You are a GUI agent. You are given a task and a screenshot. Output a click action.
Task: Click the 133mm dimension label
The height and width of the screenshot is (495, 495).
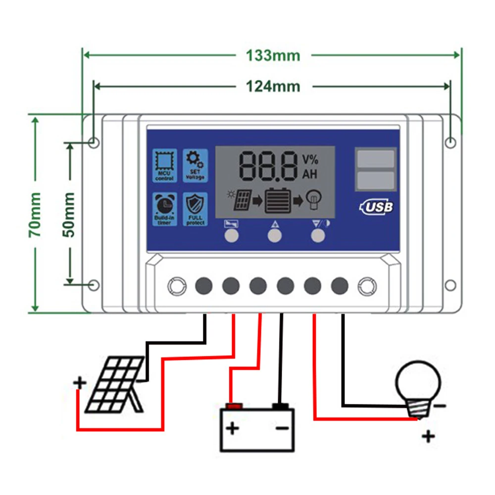tap(273, 55)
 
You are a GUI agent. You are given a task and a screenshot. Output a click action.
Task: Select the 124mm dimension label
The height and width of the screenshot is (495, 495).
tap(273, 86)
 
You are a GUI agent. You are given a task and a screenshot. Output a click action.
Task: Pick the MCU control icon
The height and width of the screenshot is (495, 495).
tap(164, 165)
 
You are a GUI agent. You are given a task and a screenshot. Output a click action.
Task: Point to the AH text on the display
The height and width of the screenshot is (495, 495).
tap(310, 174)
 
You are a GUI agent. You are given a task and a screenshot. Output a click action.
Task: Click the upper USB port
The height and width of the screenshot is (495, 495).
tap(376, 159)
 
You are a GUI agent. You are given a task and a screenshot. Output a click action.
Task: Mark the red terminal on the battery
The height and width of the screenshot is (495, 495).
tap(233, 406)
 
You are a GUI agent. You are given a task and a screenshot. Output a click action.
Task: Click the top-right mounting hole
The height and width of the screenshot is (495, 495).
tap(450, 143)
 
